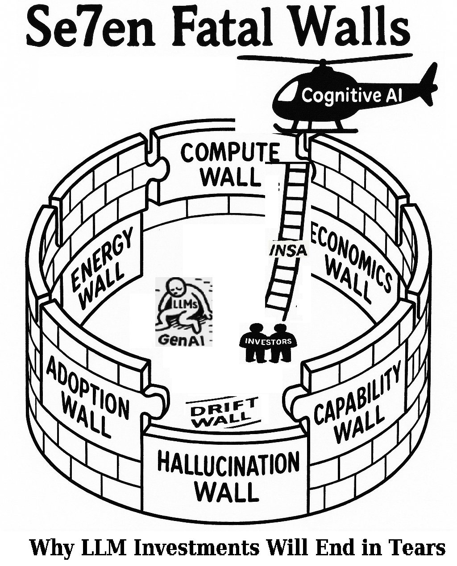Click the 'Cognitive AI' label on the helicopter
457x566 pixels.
click(x=346, y=95)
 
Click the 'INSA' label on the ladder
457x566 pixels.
click(x=288, y=251)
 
